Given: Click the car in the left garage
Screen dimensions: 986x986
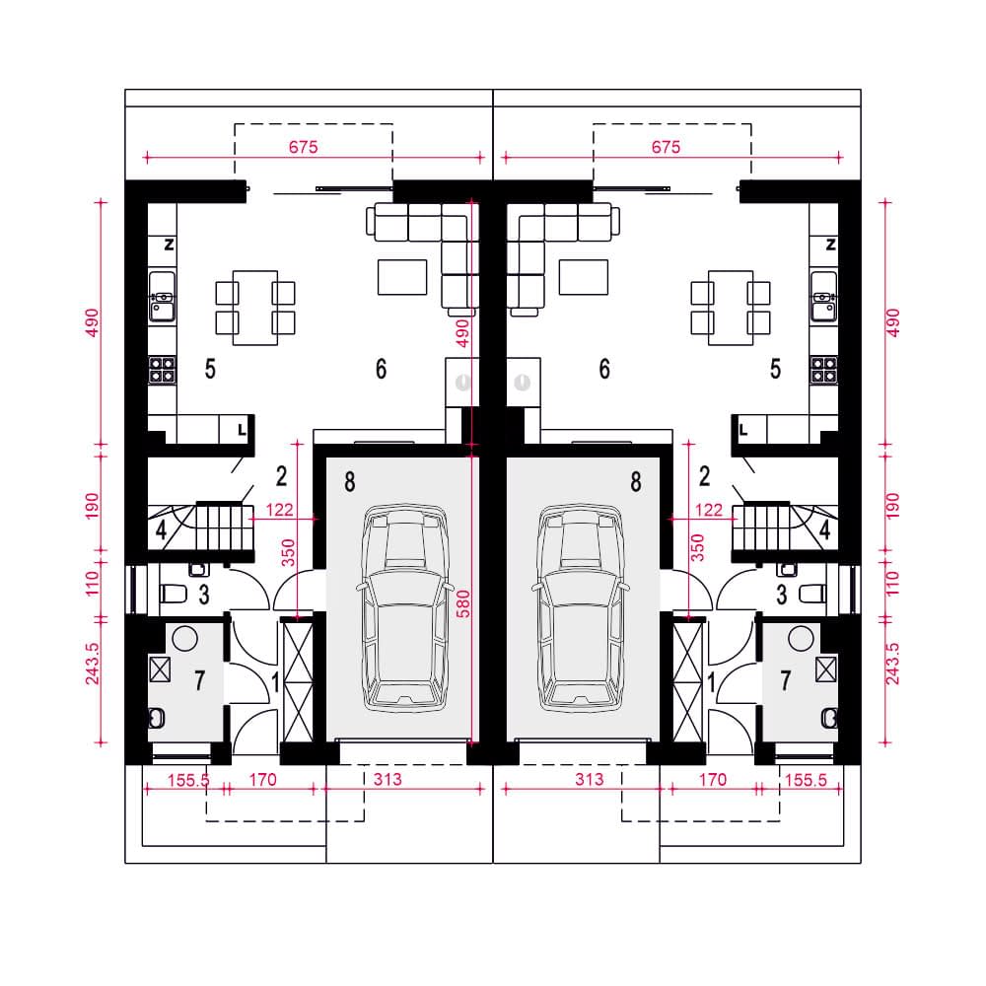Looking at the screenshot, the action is click(405, 606).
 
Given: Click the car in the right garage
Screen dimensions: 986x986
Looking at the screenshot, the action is click(581, 606).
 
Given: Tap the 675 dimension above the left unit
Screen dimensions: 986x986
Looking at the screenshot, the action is click(303, 147).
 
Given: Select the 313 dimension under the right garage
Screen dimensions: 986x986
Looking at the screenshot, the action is click(590, 780).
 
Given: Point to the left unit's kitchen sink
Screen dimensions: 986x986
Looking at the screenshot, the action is click(163, 296).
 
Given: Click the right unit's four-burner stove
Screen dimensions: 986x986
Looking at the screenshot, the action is click(823, 370).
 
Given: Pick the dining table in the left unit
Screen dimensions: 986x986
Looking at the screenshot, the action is click(255, 308).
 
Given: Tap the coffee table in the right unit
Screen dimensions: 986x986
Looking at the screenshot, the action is click(584, 277).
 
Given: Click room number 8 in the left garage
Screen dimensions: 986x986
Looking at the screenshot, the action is click(350, 482).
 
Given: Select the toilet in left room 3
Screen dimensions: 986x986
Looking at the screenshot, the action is click(173, 593).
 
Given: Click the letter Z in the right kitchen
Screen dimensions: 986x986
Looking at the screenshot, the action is click(830, 245).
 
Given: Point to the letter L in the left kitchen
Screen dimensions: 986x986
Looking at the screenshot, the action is click(243, 431).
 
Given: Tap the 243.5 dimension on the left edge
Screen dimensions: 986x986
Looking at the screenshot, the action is click(93, 664).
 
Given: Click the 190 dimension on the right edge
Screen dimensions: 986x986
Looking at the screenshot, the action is click(892, 506).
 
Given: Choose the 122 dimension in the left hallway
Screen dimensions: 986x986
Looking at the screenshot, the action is click(279, 510).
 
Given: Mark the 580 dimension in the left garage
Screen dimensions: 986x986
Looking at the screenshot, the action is click(462, 603).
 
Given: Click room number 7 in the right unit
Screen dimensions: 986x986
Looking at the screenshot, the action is click(786, 680).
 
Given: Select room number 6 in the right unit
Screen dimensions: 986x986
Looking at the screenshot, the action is click(604, 369).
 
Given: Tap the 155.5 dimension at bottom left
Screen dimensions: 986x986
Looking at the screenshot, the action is click(188, 780).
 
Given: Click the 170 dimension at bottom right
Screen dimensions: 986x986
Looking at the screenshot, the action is click(713, 780).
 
